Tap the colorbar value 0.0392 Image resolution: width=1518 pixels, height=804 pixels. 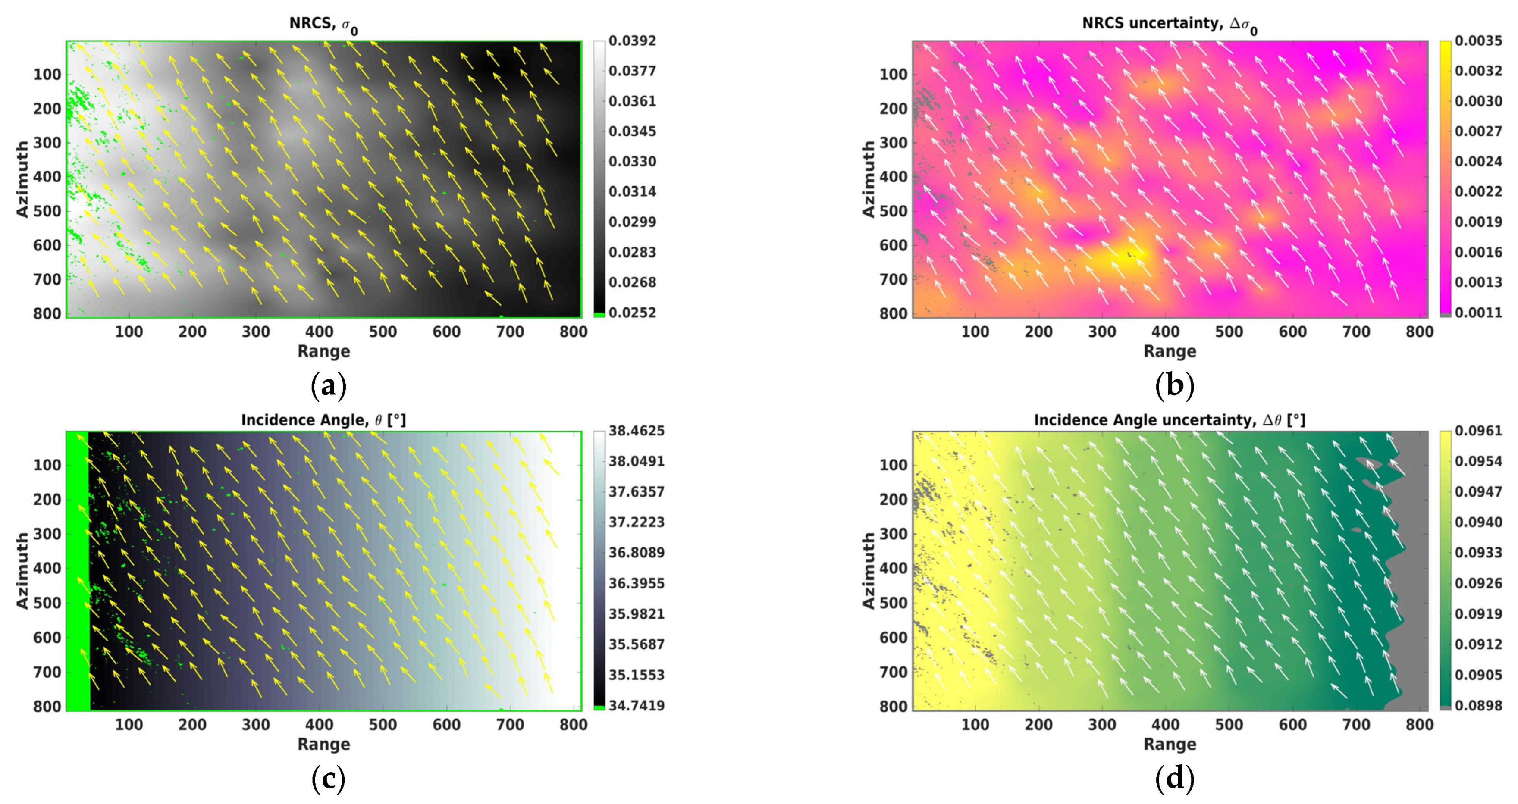tap(632, 41)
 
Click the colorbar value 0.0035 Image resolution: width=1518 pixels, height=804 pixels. tap(1478, 41)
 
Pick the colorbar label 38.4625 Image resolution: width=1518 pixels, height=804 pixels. tap(637, 431)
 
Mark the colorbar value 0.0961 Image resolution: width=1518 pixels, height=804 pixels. tap(1478, 431)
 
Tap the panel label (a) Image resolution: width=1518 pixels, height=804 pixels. tap(328, 386)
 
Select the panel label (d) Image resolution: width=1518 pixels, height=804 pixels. tap(1174, 779)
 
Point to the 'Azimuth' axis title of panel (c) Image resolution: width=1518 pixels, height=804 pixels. tap(22, 571)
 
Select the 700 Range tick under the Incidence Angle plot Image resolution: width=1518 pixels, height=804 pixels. tap(510, 725)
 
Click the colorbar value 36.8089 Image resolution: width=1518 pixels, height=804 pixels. tap(637, 553)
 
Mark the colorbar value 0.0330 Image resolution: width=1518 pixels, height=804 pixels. tap(632, 161)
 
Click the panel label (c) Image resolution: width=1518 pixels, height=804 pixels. tap(328, 779)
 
